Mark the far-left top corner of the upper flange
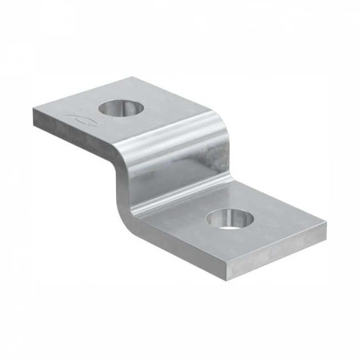pos(34,109)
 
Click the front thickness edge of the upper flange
pos(72,136)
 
